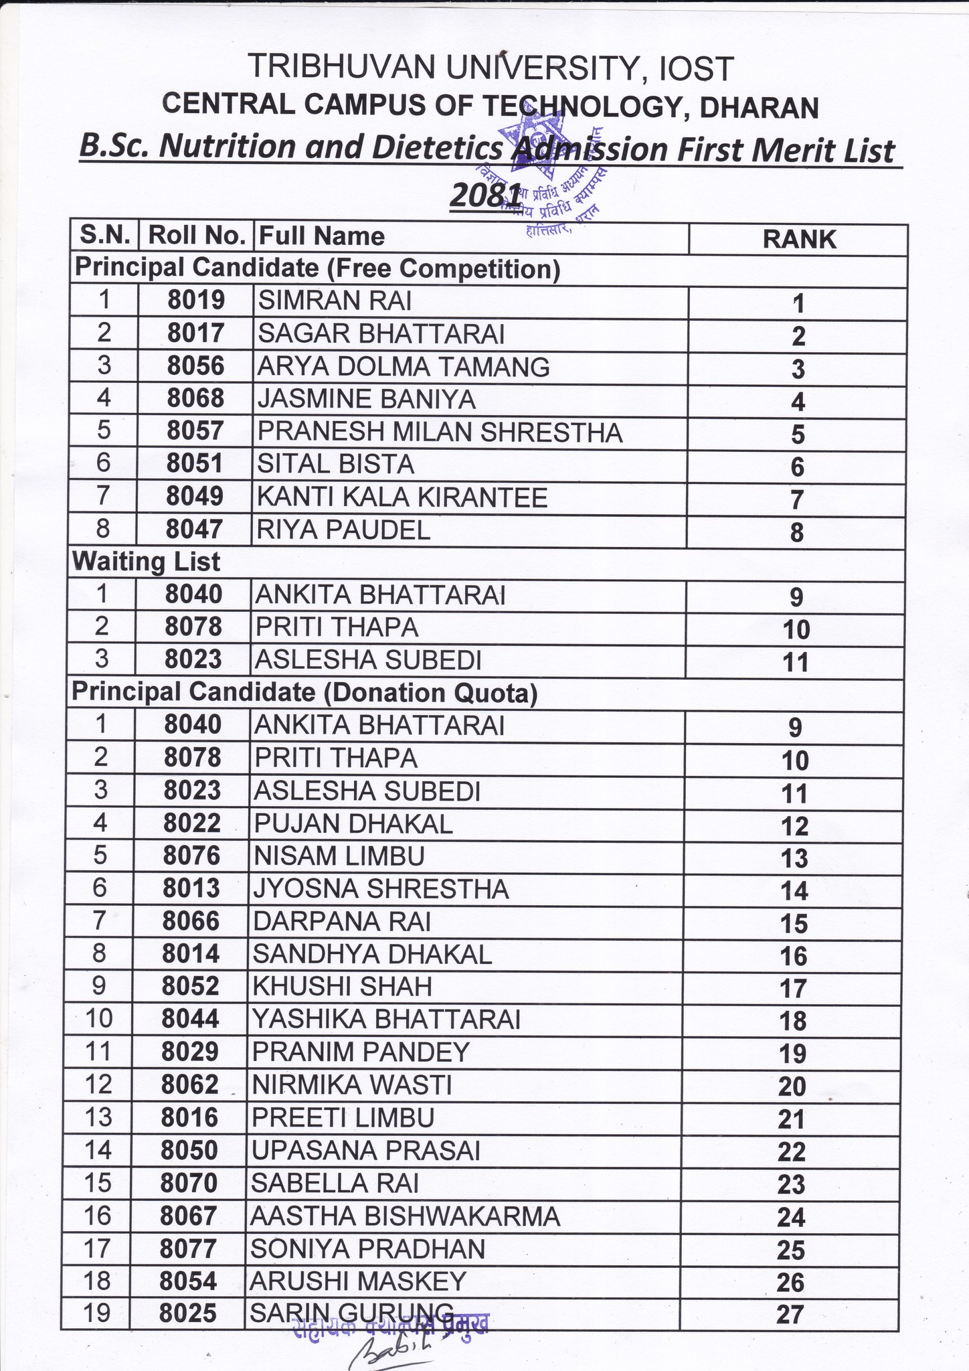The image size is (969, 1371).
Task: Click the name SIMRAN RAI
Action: pyautogui.click(x=335, y=301)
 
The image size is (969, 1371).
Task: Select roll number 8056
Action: pyautogui.click(x=195, y=366)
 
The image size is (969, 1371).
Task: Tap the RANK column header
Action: pyautogui.click(x=799, y=239)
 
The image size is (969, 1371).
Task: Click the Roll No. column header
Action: pyautogui.click(x=197, y=236)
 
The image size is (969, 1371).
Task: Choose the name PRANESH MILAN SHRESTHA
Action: pyautogui.click(x=440, y=432)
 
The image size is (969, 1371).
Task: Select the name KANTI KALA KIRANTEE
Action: pyautogui.click(x=403, y=497)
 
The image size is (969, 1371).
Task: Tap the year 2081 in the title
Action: pyautogui.click(x=485, y=195)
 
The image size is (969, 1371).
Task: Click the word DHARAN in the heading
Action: pyautogui.click(x=760, y=108)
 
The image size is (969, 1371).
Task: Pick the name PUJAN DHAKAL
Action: pyautogui.click(x=353, y=823)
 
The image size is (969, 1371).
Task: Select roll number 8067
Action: pyautogui.click(x=190, y=1215)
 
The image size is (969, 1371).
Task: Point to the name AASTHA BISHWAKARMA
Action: pyautogui.click(x=405, y=1216)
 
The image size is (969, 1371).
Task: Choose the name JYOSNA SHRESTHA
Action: pyautogui.click(x=381, y=889)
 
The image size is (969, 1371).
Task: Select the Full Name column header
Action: pyautogui.click(x=322, y=236)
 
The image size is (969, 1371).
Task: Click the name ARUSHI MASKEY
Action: pyautogui.click(x=357, y=1281)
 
